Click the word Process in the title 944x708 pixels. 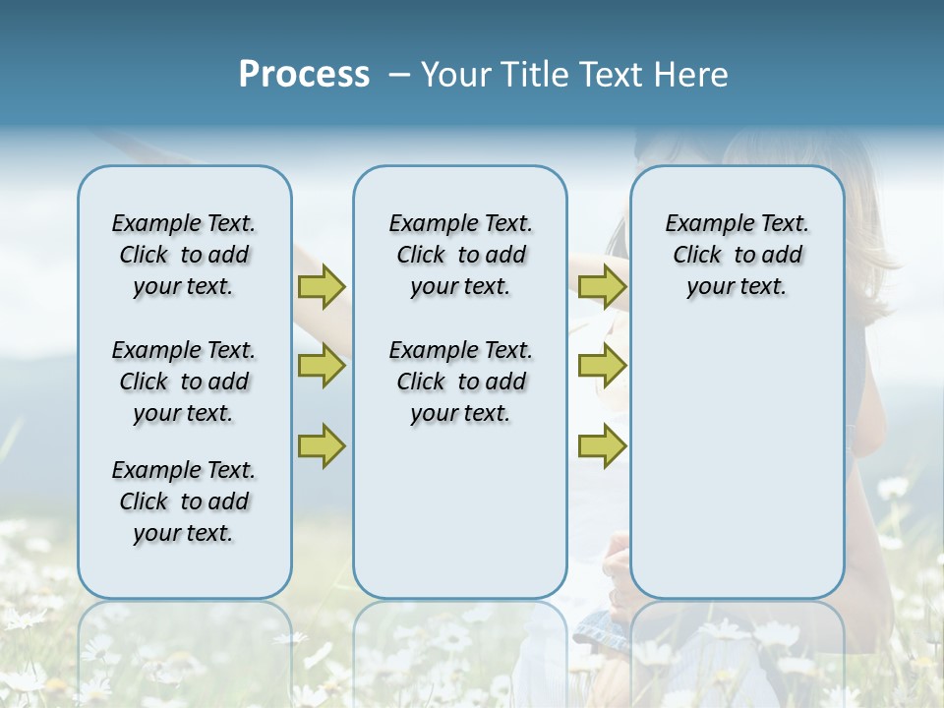(304, 75)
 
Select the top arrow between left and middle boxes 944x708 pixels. (322, 286)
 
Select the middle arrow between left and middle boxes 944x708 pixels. (322, 366)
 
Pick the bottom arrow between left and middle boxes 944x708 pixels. (322, 445)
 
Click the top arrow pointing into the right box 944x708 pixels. (602, 286)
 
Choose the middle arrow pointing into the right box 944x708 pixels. (602, 366)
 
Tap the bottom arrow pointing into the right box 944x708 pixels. (602, 445)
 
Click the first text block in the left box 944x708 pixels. (184, 255)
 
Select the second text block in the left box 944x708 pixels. (184, 382)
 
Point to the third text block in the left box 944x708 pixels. (184, 501)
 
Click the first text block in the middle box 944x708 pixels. (460, 255)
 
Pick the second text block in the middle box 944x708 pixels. (460, 382)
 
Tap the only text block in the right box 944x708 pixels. (737, 255)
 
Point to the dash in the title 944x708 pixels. (399, 75)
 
